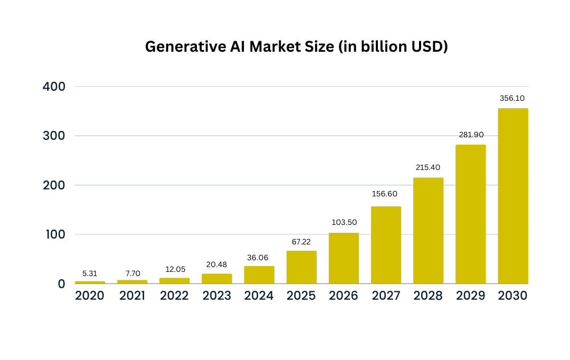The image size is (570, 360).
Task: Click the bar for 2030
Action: pos(512,196)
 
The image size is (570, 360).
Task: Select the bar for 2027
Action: pos(386,245)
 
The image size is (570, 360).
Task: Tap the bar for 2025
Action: pos(301,267)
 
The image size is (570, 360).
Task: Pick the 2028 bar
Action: pos(428,231)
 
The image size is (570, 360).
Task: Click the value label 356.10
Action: pos(512,98)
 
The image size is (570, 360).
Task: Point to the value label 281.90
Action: pos(470,135)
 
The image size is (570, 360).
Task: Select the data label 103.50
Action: pos(344,222)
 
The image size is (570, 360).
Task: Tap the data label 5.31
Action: pos(90,273)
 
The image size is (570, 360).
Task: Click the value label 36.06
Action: pos(259,258)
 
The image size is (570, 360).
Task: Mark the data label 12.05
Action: pos(174,269)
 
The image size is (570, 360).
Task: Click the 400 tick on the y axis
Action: pos(54,86)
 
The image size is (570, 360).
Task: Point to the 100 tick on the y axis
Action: pos(54,234)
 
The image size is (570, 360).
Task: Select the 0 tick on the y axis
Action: pos(61,284)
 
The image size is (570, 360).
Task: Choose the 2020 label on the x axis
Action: pos(90,296)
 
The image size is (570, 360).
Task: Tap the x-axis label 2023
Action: pos(216,296)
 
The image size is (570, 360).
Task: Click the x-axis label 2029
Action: pos(470,296)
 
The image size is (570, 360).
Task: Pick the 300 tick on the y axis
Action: pos(54,136)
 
